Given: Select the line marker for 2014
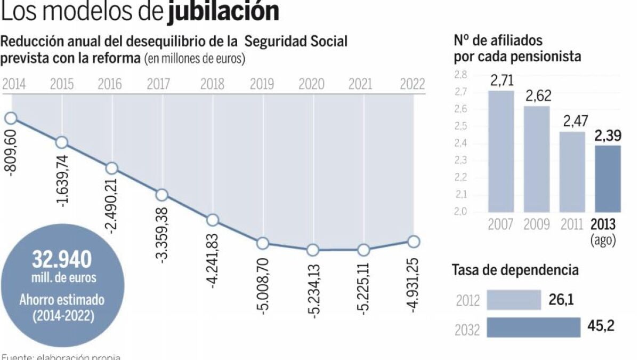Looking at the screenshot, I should point(10,118).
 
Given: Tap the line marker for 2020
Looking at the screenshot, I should point(313,250).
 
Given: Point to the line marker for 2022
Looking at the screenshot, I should point(414,242).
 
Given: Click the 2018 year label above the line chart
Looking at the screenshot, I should point(212,84).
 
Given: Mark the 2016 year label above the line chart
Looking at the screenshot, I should point(111,84).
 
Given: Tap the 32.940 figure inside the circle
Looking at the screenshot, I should point(62,260).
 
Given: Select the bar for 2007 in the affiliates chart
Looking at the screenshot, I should point(501,151).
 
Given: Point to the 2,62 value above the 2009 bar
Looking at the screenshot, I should point(537,96).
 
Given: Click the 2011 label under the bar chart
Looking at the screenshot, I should point(572,224).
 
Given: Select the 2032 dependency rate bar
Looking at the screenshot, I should point(534,327).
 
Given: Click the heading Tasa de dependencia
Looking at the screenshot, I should point(515,270).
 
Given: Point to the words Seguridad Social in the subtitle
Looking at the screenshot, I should point(296,42).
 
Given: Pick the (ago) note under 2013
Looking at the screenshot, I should point(603,240).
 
